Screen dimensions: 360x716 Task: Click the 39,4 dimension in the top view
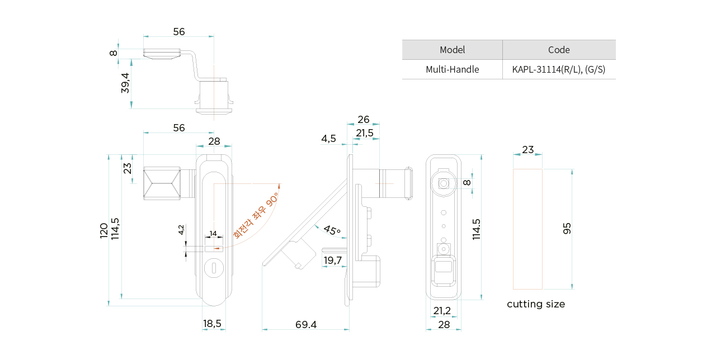[125, 83]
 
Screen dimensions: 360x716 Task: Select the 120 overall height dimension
[104, 230]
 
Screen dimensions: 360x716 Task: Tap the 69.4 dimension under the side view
[306, 325]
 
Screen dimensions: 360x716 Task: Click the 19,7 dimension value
[332, 260]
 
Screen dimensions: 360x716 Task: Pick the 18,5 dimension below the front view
[212, 324]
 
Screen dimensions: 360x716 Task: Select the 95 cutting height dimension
[567, 228]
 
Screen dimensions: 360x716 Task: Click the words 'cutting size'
[536, 304]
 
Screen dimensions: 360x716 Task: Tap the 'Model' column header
[452, 50]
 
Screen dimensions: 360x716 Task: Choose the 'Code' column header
[559, 50]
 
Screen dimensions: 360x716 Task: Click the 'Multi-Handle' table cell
[452, 69]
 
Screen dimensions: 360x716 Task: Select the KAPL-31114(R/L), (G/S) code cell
[559, 69]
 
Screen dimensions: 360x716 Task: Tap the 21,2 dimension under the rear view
[442, 311]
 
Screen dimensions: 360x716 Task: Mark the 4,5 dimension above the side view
[328, 139]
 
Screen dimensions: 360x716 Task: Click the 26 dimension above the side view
[364, 120]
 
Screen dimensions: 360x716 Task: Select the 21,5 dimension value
[365, 133]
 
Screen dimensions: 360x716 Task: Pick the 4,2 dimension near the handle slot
[181, 230]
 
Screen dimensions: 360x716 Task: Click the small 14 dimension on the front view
[213, 234]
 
